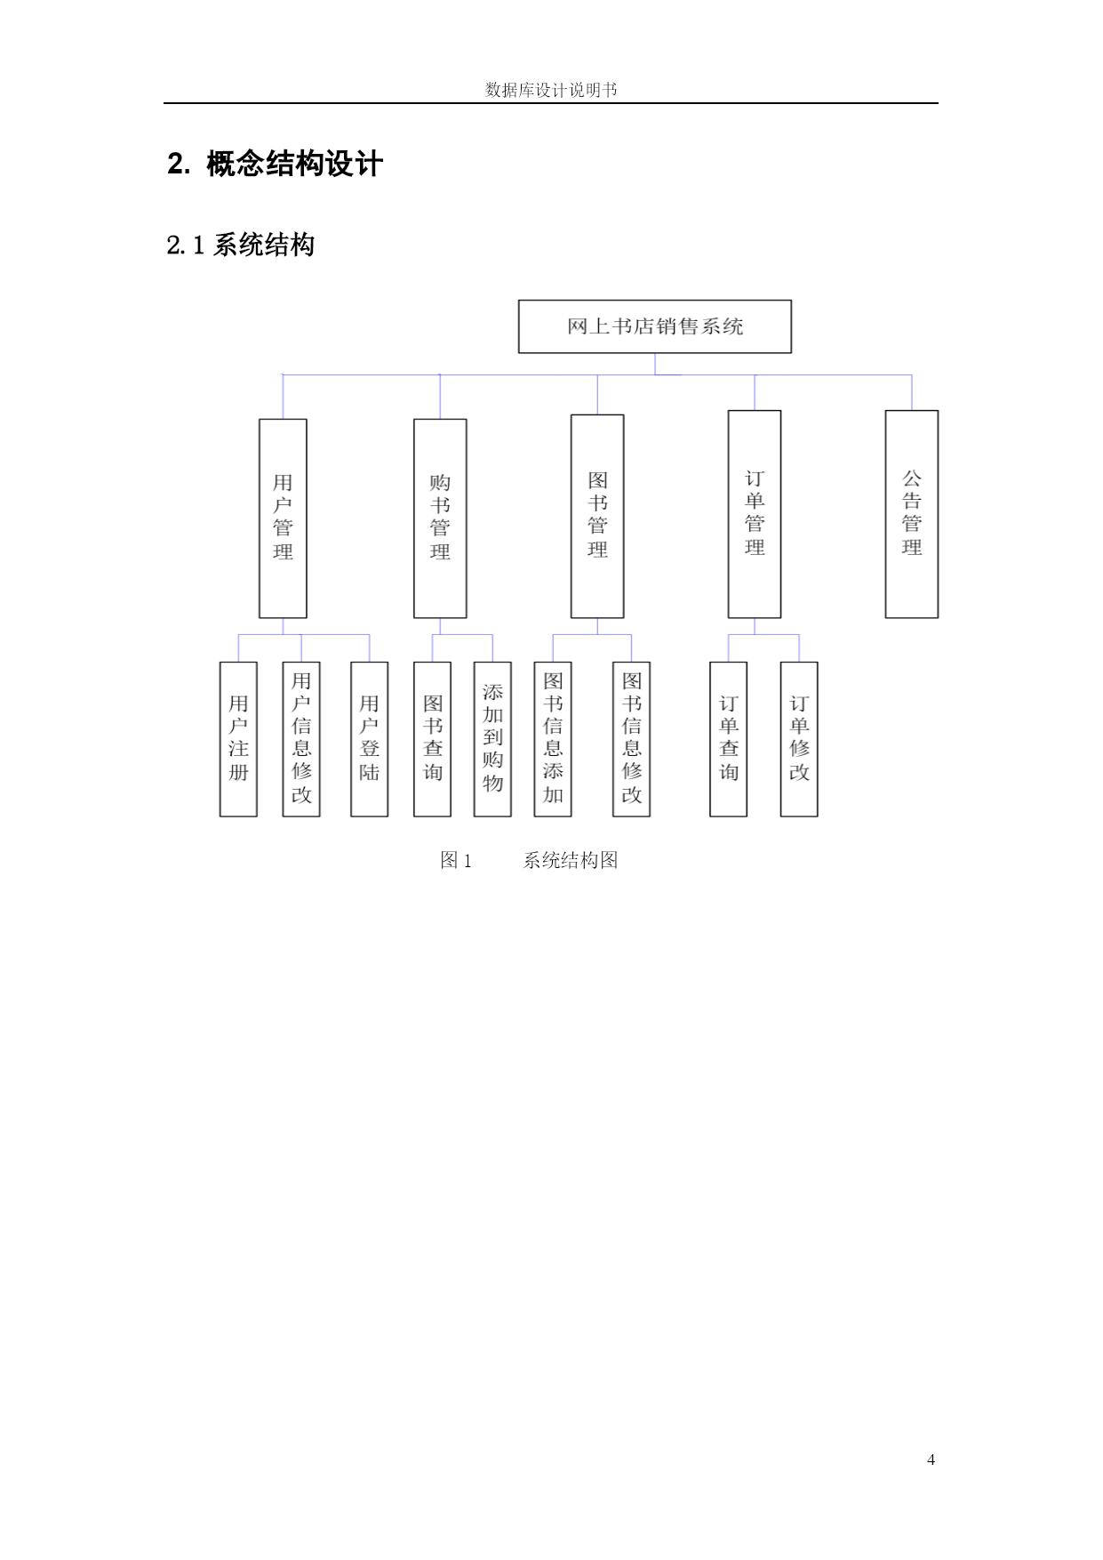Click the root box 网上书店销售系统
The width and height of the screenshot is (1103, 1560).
pyautogui.click(x=655, y=326)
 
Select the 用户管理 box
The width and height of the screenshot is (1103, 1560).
pyautogui.click(x=283, y=519)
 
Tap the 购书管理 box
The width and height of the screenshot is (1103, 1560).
pyautogui.click(x=440, y=519)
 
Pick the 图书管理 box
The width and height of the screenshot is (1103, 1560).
pyautogui.click(x=597, y=516)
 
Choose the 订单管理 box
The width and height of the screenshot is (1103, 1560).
pyautogui.click(x=755, y=514)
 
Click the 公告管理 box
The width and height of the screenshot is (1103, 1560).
pyautogui.click(x=912, y=514)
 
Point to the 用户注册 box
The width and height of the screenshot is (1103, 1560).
pyautogui.click(x=238, y=739)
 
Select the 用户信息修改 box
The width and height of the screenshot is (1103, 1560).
pyautogui.click(x=301, y=739)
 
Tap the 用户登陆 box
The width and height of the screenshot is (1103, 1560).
pyautogui.click(x=370, y=739)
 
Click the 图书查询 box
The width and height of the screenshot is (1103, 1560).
pyautogui.click(x=433, y=739)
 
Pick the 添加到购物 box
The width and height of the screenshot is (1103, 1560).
pyautogui.click(x=492, y=739)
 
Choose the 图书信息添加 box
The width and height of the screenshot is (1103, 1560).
pyautogui.click(x=553, y=739)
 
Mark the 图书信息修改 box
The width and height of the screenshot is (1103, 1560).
pyautogui.click(x=632, y=739)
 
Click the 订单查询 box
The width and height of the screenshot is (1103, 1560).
pyautogui.click(x=729, y=739)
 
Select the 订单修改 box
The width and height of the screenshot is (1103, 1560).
pyautogui.click(x=799, y=739)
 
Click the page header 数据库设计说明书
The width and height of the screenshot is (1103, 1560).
pyautogui.click(x=551, y=90)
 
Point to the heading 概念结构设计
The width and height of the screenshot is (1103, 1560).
pyautogui.click(x=294, y=164)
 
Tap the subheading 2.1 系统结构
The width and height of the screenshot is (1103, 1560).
pyautogui.click(x=241, y=245)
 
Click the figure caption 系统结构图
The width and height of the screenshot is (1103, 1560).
pyautogui.click(x=571, y=860)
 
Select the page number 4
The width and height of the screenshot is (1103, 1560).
pyautogui.click(x=931, y=1459)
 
